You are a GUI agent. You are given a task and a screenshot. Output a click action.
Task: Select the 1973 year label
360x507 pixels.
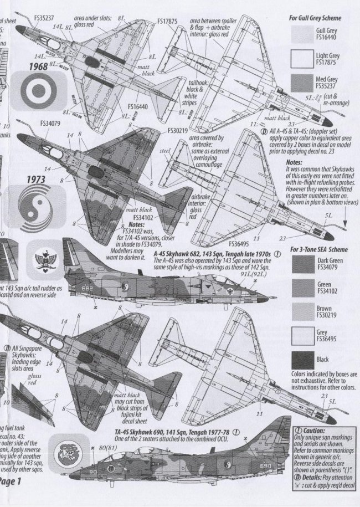(x=35, y=180)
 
